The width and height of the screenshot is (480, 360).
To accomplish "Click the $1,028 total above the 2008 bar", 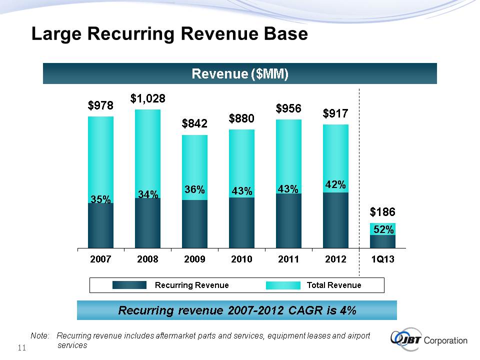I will coord(148,98).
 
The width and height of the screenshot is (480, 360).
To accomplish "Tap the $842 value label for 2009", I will coord(194,123).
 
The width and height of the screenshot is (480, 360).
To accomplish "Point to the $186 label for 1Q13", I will coord(382,212).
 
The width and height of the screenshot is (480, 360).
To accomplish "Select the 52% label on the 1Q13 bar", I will coord(383,229).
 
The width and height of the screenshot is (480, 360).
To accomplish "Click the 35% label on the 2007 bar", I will coord(100,199).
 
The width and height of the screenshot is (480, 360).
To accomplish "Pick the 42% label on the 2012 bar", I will coord(335,184).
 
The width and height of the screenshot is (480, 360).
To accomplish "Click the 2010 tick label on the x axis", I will coord(241,259).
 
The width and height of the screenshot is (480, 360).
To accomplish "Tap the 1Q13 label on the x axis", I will coord(383,259).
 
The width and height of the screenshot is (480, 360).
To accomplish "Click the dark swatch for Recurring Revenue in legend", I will coord(129,285).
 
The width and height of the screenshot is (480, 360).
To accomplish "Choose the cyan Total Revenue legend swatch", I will coord(283,285).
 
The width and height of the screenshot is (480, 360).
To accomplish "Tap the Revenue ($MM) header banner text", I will coord(240,74).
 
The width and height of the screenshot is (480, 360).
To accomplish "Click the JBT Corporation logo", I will coord(429,340).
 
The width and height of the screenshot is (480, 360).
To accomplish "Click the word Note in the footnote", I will coord(39,336).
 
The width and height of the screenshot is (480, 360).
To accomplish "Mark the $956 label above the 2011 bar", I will coord(288,108).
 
